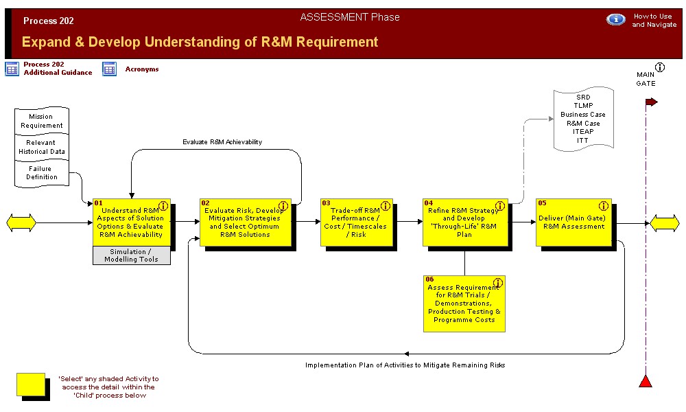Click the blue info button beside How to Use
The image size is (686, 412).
615,20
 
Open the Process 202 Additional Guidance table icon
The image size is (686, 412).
12,69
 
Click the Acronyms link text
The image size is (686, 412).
142,69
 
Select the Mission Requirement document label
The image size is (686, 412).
42,121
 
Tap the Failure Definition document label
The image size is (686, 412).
42,173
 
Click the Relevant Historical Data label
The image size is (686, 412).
42,147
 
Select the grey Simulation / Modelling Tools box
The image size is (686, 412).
132,255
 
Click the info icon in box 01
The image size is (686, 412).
163,206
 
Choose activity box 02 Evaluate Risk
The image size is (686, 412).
245,222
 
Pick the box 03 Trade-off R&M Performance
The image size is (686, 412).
357,222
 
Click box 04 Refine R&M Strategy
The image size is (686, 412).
465,222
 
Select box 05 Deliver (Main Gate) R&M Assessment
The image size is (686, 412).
573,222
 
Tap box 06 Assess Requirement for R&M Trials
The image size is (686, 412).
464,304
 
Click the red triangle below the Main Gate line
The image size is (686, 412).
646,381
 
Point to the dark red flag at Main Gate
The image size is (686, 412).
652,102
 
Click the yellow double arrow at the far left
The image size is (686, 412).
21,223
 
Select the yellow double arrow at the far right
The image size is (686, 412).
665,223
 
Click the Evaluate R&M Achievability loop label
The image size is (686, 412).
222,142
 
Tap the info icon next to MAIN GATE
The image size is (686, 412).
660,67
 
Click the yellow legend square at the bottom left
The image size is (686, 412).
31,385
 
